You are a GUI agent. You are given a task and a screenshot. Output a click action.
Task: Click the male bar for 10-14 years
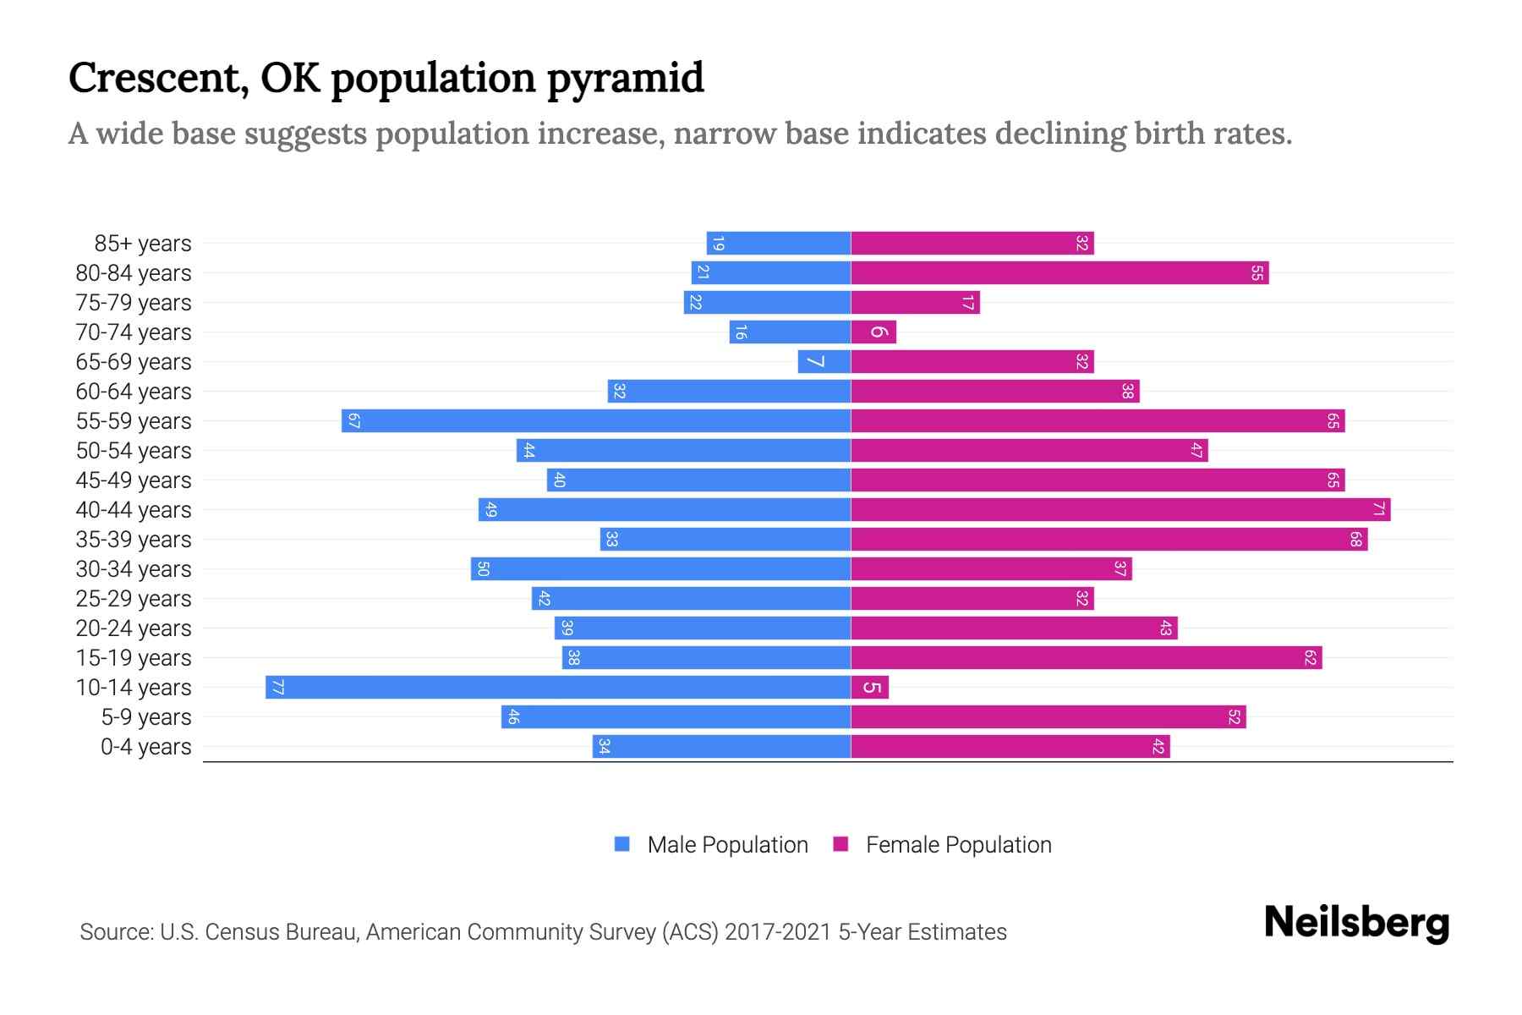click(558, 687)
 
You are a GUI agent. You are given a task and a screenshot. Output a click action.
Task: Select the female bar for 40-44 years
click(1120, 509)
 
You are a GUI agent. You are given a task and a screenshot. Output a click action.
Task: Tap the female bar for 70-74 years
click(873, 332)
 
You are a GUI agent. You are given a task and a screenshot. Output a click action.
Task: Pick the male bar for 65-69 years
click(824, 361)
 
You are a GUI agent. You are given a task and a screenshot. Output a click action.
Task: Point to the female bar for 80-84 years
click(1059, 272)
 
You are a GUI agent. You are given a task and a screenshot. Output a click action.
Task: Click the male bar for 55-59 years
click(596, 420)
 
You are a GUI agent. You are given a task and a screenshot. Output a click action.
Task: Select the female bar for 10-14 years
click(870, 687)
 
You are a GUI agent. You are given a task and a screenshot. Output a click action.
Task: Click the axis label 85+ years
click(143, 244)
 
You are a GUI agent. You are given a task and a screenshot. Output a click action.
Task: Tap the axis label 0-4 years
click(145, 747)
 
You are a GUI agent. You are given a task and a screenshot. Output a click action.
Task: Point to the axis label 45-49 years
click(134, 480)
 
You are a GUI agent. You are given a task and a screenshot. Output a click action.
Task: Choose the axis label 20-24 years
click(134, 628)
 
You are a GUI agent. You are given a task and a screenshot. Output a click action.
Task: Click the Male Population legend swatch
click(622, 844)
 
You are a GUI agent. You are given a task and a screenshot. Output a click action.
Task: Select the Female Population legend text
click(958, 844)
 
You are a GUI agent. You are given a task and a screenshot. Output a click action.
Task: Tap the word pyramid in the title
click(625, 79)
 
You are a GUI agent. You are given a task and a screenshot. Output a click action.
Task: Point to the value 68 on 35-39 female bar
click(1355, 539)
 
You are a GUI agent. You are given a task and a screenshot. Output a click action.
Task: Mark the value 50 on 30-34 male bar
click(483, 568)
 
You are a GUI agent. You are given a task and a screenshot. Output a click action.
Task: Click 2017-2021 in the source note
click(778, 932)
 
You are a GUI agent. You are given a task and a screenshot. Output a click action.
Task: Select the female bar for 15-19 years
click(1087, 657)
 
